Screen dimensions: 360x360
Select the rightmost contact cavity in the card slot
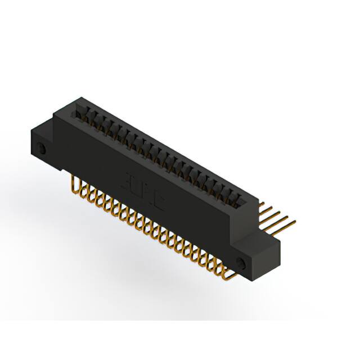coord(239,198)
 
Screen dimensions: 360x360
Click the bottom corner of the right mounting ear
coord(256,280)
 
